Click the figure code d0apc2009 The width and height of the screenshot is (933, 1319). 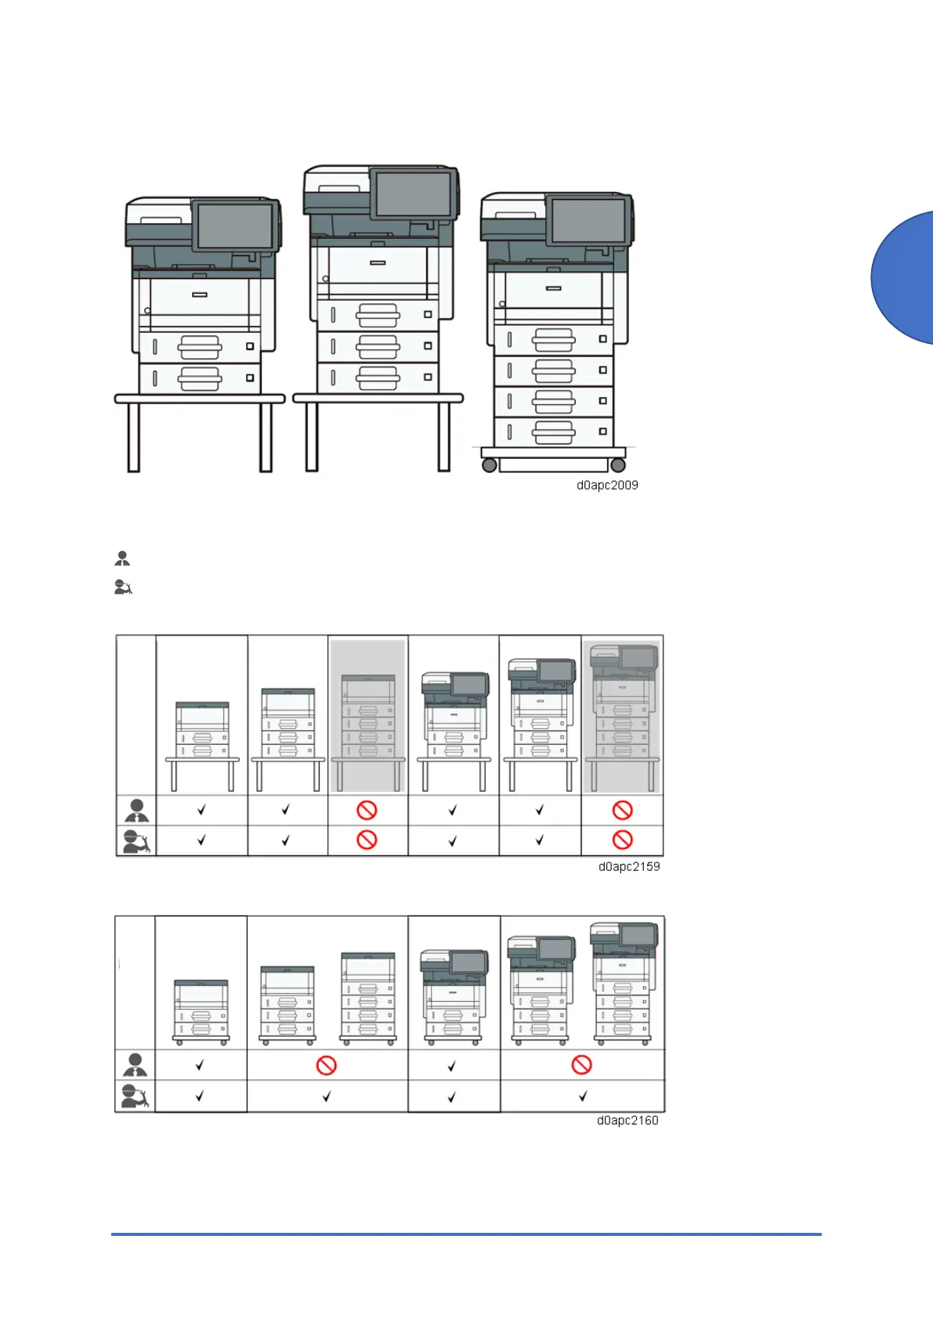pos(607,486)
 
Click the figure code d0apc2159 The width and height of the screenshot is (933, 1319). pos(629,867)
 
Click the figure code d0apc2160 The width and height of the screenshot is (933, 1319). pos(627,1121)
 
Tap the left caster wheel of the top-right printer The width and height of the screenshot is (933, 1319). pos(490,465)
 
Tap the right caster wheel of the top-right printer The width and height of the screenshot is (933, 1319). pos(618,465)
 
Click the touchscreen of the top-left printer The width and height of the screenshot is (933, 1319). pos(233,226)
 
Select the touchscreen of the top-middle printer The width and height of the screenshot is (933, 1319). pos(413,193)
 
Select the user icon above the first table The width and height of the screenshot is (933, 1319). pos(122,558)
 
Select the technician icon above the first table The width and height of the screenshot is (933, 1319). pos(123,587)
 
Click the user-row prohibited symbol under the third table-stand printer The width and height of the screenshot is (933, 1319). pos(367,810)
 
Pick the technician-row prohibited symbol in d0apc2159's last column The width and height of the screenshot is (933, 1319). pos(622,840)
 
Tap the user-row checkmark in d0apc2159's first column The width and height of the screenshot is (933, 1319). pos(201,810)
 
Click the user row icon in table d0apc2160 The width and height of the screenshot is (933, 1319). pos(136,1065)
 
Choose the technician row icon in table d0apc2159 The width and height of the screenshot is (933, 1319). pos(136,840)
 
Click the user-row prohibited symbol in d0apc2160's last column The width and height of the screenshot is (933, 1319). pos(581,1065)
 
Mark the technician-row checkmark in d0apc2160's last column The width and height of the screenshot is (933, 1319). pos(582,1097)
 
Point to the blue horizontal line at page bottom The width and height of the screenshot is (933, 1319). pos(466,1234)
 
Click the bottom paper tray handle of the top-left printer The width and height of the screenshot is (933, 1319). pos(199,379)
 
